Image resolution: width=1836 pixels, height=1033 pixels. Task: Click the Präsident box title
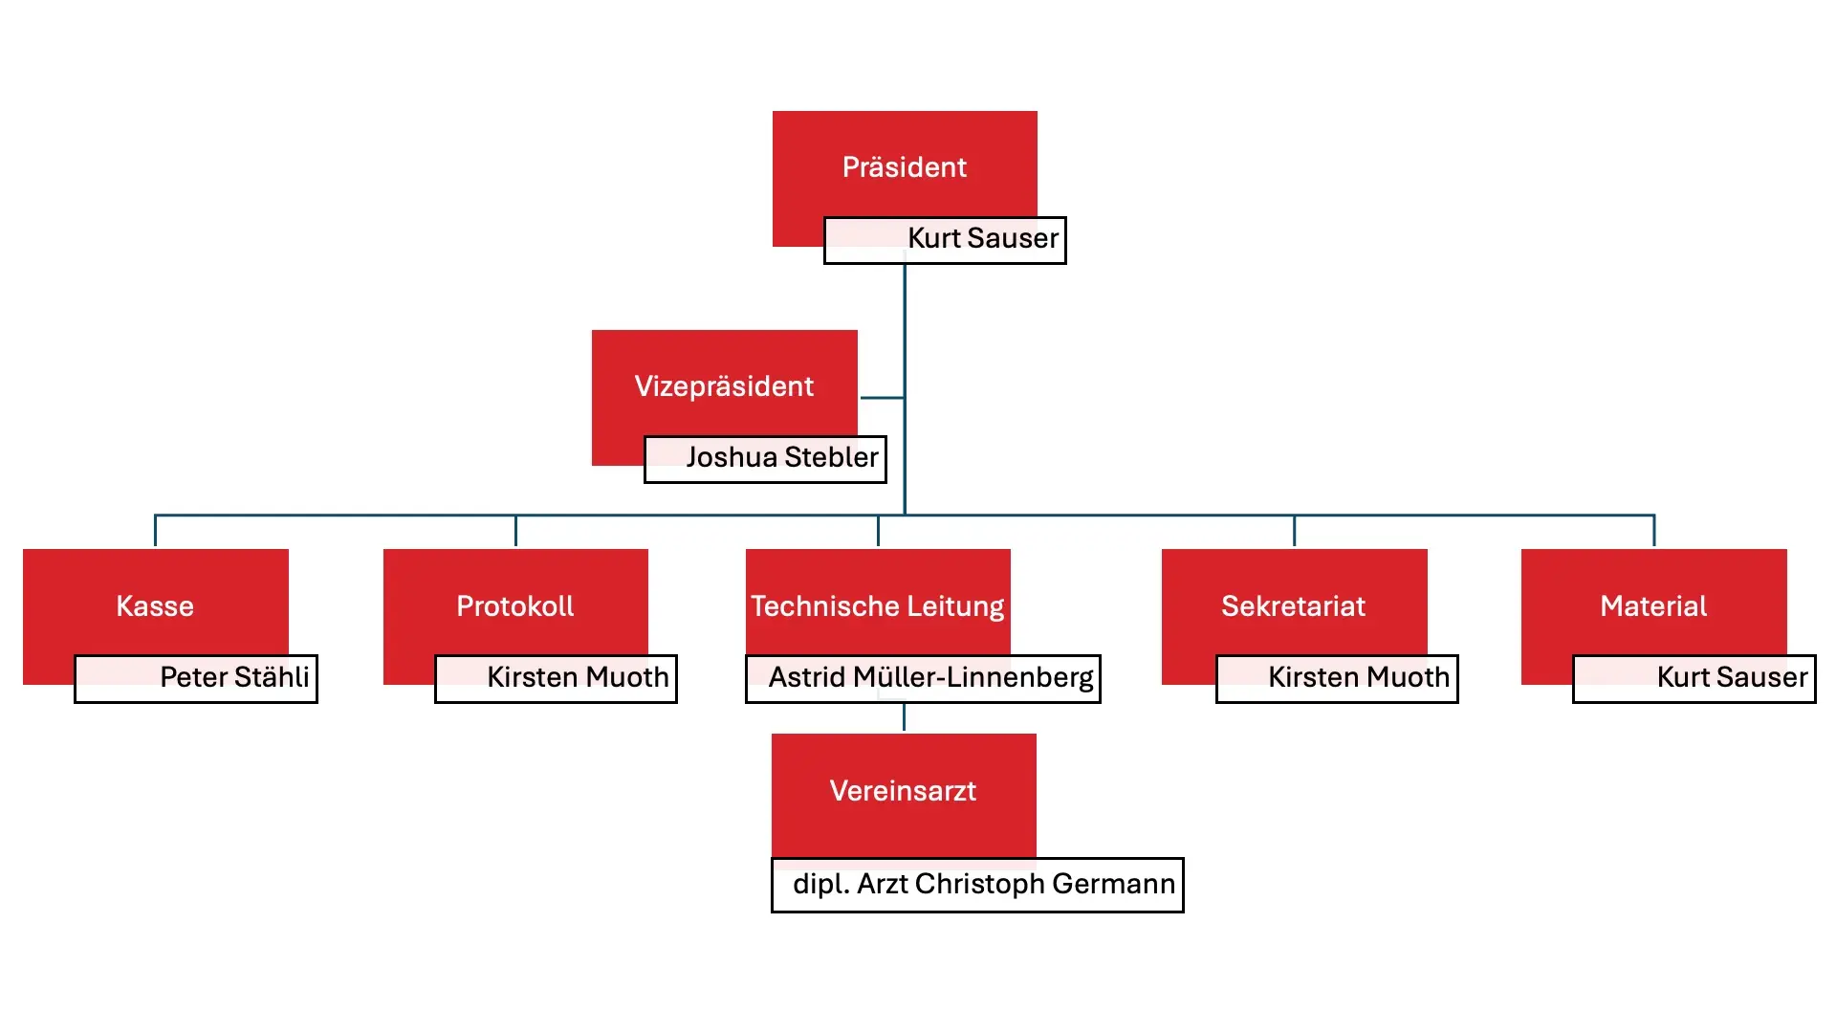click(x=904, y=167)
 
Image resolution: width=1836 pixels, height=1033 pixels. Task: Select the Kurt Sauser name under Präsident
click(x=982, y=238)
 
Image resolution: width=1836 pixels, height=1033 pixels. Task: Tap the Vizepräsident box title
click(x=724, y=386)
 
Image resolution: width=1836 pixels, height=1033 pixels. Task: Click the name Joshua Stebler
click(x=781, y=457)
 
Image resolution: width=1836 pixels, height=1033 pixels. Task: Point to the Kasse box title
click(x=155, y=606)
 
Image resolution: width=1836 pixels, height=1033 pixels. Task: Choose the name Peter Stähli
click(x=234, y=677)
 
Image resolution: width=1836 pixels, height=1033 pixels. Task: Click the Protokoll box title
click(x=514, y=606)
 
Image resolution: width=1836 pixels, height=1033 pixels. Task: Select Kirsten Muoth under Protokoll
click(x=578, y=677)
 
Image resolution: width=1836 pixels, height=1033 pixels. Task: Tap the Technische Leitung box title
click(x=877, y=606)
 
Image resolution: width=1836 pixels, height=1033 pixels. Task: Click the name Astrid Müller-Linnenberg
click(x=930, y=677)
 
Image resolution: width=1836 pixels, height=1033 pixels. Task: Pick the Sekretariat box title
click(x=1293, y=606)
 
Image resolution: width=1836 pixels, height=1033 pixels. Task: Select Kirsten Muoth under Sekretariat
click(x=1358, y=677)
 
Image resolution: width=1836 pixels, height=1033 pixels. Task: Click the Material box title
click(x=1653, y=606)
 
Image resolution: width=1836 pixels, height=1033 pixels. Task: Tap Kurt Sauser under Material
click(x=1732, y=677)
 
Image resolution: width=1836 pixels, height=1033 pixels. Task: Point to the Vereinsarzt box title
click(x=903, y=791)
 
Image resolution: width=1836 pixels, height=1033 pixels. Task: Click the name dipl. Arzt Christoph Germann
click(x=983, y=884)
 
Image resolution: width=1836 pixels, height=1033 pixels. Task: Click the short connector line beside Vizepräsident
click(x=882, y=398)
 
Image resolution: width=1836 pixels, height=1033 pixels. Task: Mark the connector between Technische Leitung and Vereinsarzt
click(x=904, y=717)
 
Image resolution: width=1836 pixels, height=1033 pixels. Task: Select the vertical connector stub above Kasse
click(x=155, y=531)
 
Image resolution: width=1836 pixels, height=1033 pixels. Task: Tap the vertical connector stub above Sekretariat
click(x=1294, y=531)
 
